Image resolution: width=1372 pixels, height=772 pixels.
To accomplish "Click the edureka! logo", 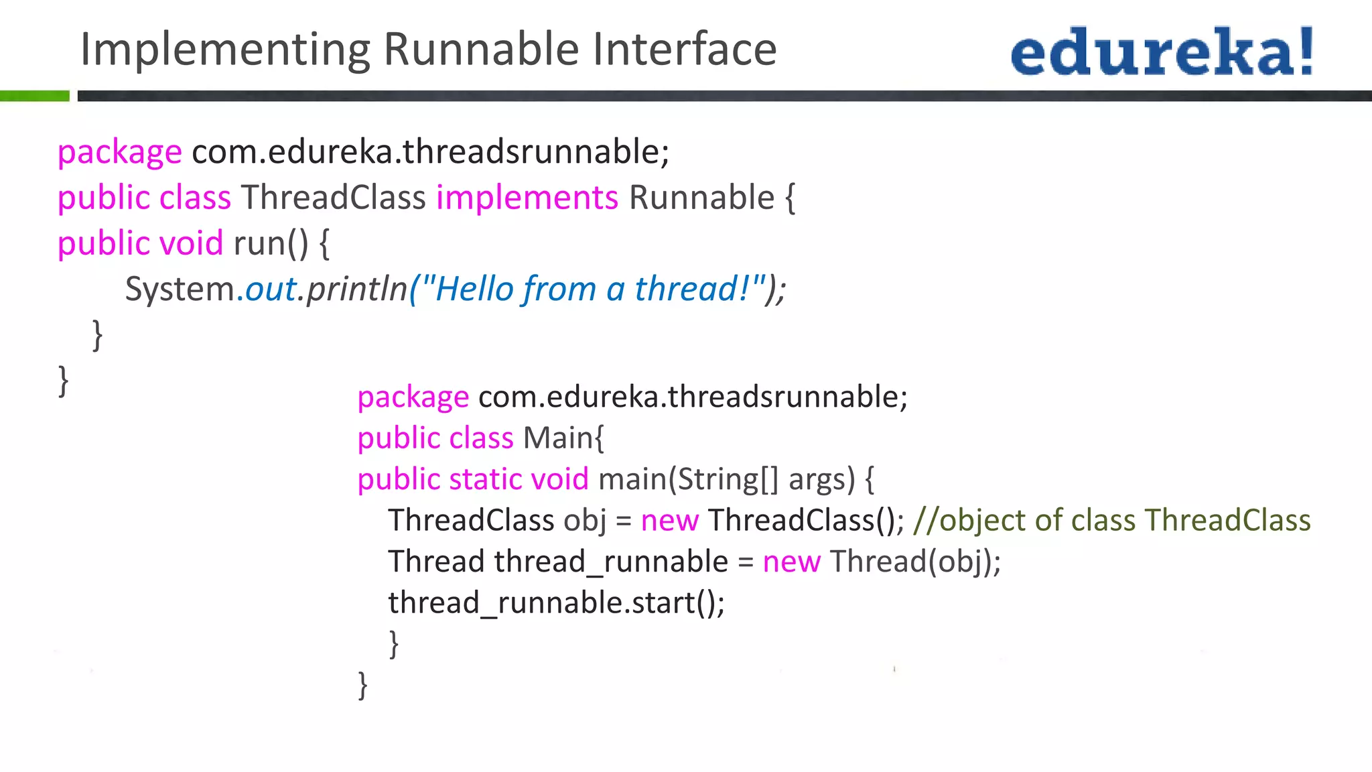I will tap(1162, 51).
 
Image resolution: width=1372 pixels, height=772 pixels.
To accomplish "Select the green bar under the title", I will tap(34, 96).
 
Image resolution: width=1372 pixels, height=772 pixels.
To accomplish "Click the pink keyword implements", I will tap(527, 198).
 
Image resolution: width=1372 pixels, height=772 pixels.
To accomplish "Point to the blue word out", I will tap(271, 289).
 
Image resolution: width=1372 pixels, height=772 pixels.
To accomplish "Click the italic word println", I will tap(357, 289).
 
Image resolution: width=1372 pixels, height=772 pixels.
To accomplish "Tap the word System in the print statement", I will tap(180, 289).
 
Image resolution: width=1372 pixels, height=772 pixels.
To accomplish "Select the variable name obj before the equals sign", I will tap(584, 521).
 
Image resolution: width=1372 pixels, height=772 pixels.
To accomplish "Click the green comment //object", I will tap(969, 521).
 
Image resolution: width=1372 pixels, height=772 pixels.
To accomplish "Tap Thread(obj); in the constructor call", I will tap(915, 562).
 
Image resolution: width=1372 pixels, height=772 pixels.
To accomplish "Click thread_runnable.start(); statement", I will tap(556, 602).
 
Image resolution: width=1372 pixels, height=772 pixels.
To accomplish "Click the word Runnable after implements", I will tap(701, 198).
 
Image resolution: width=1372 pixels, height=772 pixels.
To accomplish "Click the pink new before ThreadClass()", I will tap(669, 521).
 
